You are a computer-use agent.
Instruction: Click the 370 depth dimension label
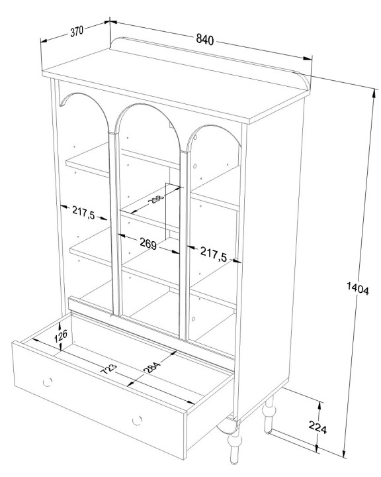[x=77, y=31]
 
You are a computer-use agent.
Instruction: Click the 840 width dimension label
[x=205, y=39]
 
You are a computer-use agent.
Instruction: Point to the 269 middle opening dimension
[x=148, y=242]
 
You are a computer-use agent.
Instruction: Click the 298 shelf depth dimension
[x=157, y=200]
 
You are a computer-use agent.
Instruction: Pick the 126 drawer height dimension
[x=61, y=337]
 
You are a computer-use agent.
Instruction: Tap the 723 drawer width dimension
[x=108, y=369]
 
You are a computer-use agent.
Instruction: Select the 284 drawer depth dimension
[x=151, y=367]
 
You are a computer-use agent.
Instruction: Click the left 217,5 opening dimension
[x=83, y=212]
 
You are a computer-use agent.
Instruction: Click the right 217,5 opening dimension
[x=214, y=254]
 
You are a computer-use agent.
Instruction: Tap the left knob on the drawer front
[x=48, y=382]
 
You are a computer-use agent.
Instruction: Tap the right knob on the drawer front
[x=137, y=421]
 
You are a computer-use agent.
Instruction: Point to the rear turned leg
[x=269, y=413]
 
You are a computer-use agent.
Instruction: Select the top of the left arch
[x=79, y=93]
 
